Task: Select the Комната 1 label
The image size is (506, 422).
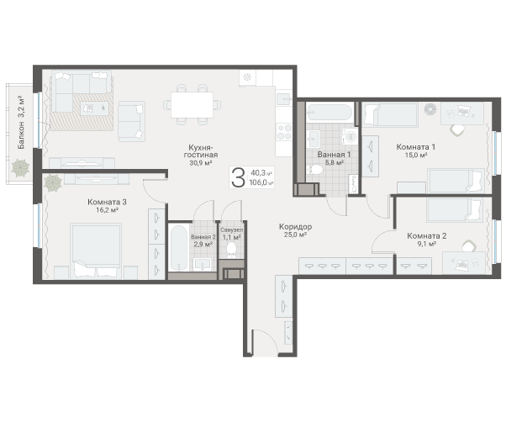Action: coord(415,145)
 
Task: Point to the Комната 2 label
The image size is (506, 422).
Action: coord(426,235)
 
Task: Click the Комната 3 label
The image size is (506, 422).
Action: coord(108,202)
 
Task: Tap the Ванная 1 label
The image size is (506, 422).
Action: coord(334,155)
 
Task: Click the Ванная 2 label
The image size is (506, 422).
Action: coord(203,238)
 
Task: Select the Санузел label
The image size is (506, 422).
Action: coord(231,229)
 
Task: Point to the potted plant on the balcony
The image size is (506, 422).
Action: coord(18,166)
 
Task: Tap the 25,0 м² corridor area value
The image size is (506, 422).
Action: coord(294,236)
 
